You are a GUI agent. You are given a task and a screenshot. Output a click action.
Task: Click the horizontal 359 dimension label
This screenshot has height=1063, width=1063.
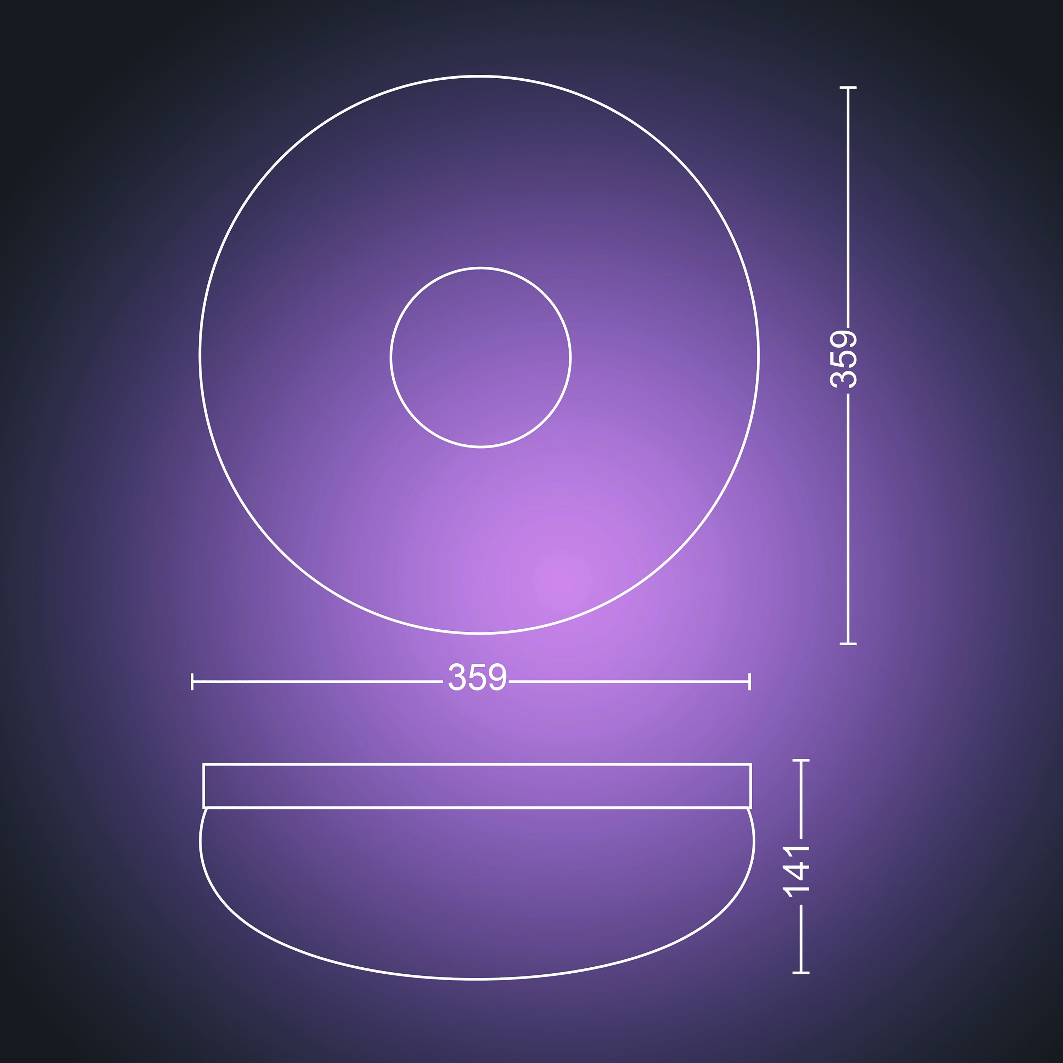[x=477, y=677]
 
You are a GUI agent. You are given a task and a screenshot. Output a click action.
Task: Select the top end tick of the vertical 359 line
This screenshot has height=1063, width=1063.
[x=848, y=88]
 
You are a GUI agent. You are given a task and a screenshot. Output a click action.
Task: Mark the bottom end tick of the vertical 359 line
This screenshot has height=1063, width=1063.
[x=848, y=644]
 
